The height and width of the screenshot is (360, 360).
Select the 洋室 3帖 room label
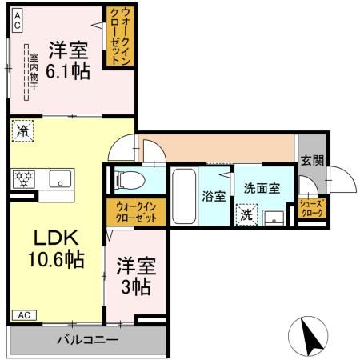[134, 274]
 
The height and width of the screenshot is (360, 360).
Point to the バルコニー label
[87, 340]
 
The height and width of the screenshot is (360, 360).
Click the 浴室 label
[214, 196]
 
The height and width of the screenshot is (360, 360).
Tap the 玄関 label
[312, 160]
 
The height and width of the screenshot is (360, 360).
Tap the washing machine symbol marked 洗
[246, 214]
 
